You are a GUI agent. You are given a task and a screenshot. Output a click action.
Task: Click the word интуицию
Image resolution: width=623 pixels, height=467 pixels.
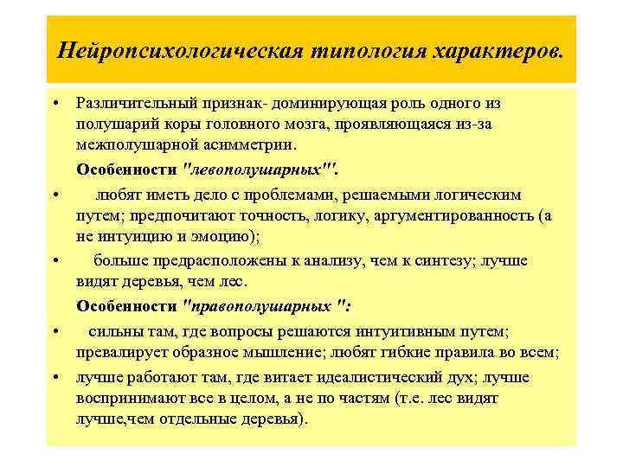pyautogui.click(x=130, y=235)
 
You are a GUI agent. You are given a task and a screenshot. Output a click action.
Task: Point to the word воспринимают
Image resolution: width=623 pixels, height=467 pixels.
pyautogui.click(x=126, y=399)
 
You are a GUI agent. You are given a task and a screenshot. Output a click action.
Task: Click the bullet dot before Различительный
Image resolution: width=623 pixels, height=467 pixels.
pyautogui.click(x=55, y=104)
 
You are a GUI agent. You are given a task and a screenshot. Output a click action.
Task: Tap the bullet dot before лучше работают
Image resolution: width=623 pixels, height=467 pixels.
pyautogui.click(x=55, y=379)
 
